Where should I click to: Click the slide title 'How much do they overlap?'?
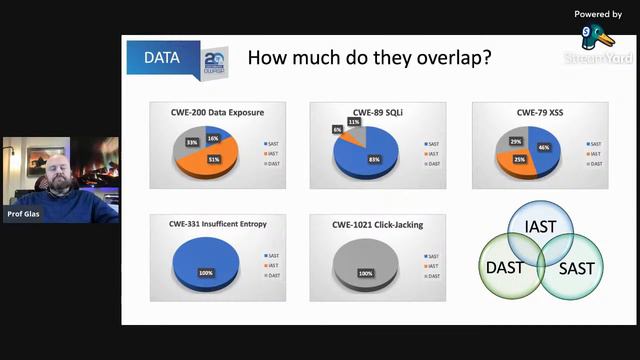pyautogui.click(x=368, y=58)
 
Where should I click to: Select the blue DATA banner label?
pyautogui.click(x=161, y=57)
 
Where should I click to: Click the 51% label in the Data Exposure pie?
pyautogui.click(x=214, y=159)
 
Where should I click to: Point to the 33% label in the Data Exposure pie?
pyautogui.click(x=190, y=142)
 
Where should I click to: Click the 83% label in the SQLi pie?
pyautogui.click(x=373, y=160)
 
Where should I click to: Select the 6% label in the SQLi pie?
pyautogui.click(x=337, y=130)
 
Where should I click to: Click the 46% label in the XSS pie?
pyautogui.click(x=543, y=147)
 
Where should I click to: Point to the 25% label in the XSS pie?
pyautogui.click(x=519, y=160)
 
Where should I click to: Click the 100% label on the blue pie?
pyautogui.click(x=207, y=272)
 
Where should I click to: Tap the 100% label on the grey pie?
pyautogui.click(x=365, y=272)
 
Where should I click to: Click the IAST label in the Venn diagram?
pyautogui.click(x=540, y=227)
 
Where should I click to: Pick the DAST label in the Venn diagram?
pyautogui.click(x=504, y=267)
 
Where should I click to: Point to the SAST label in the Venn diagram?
pyautogui.click(x=575, y=267)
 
